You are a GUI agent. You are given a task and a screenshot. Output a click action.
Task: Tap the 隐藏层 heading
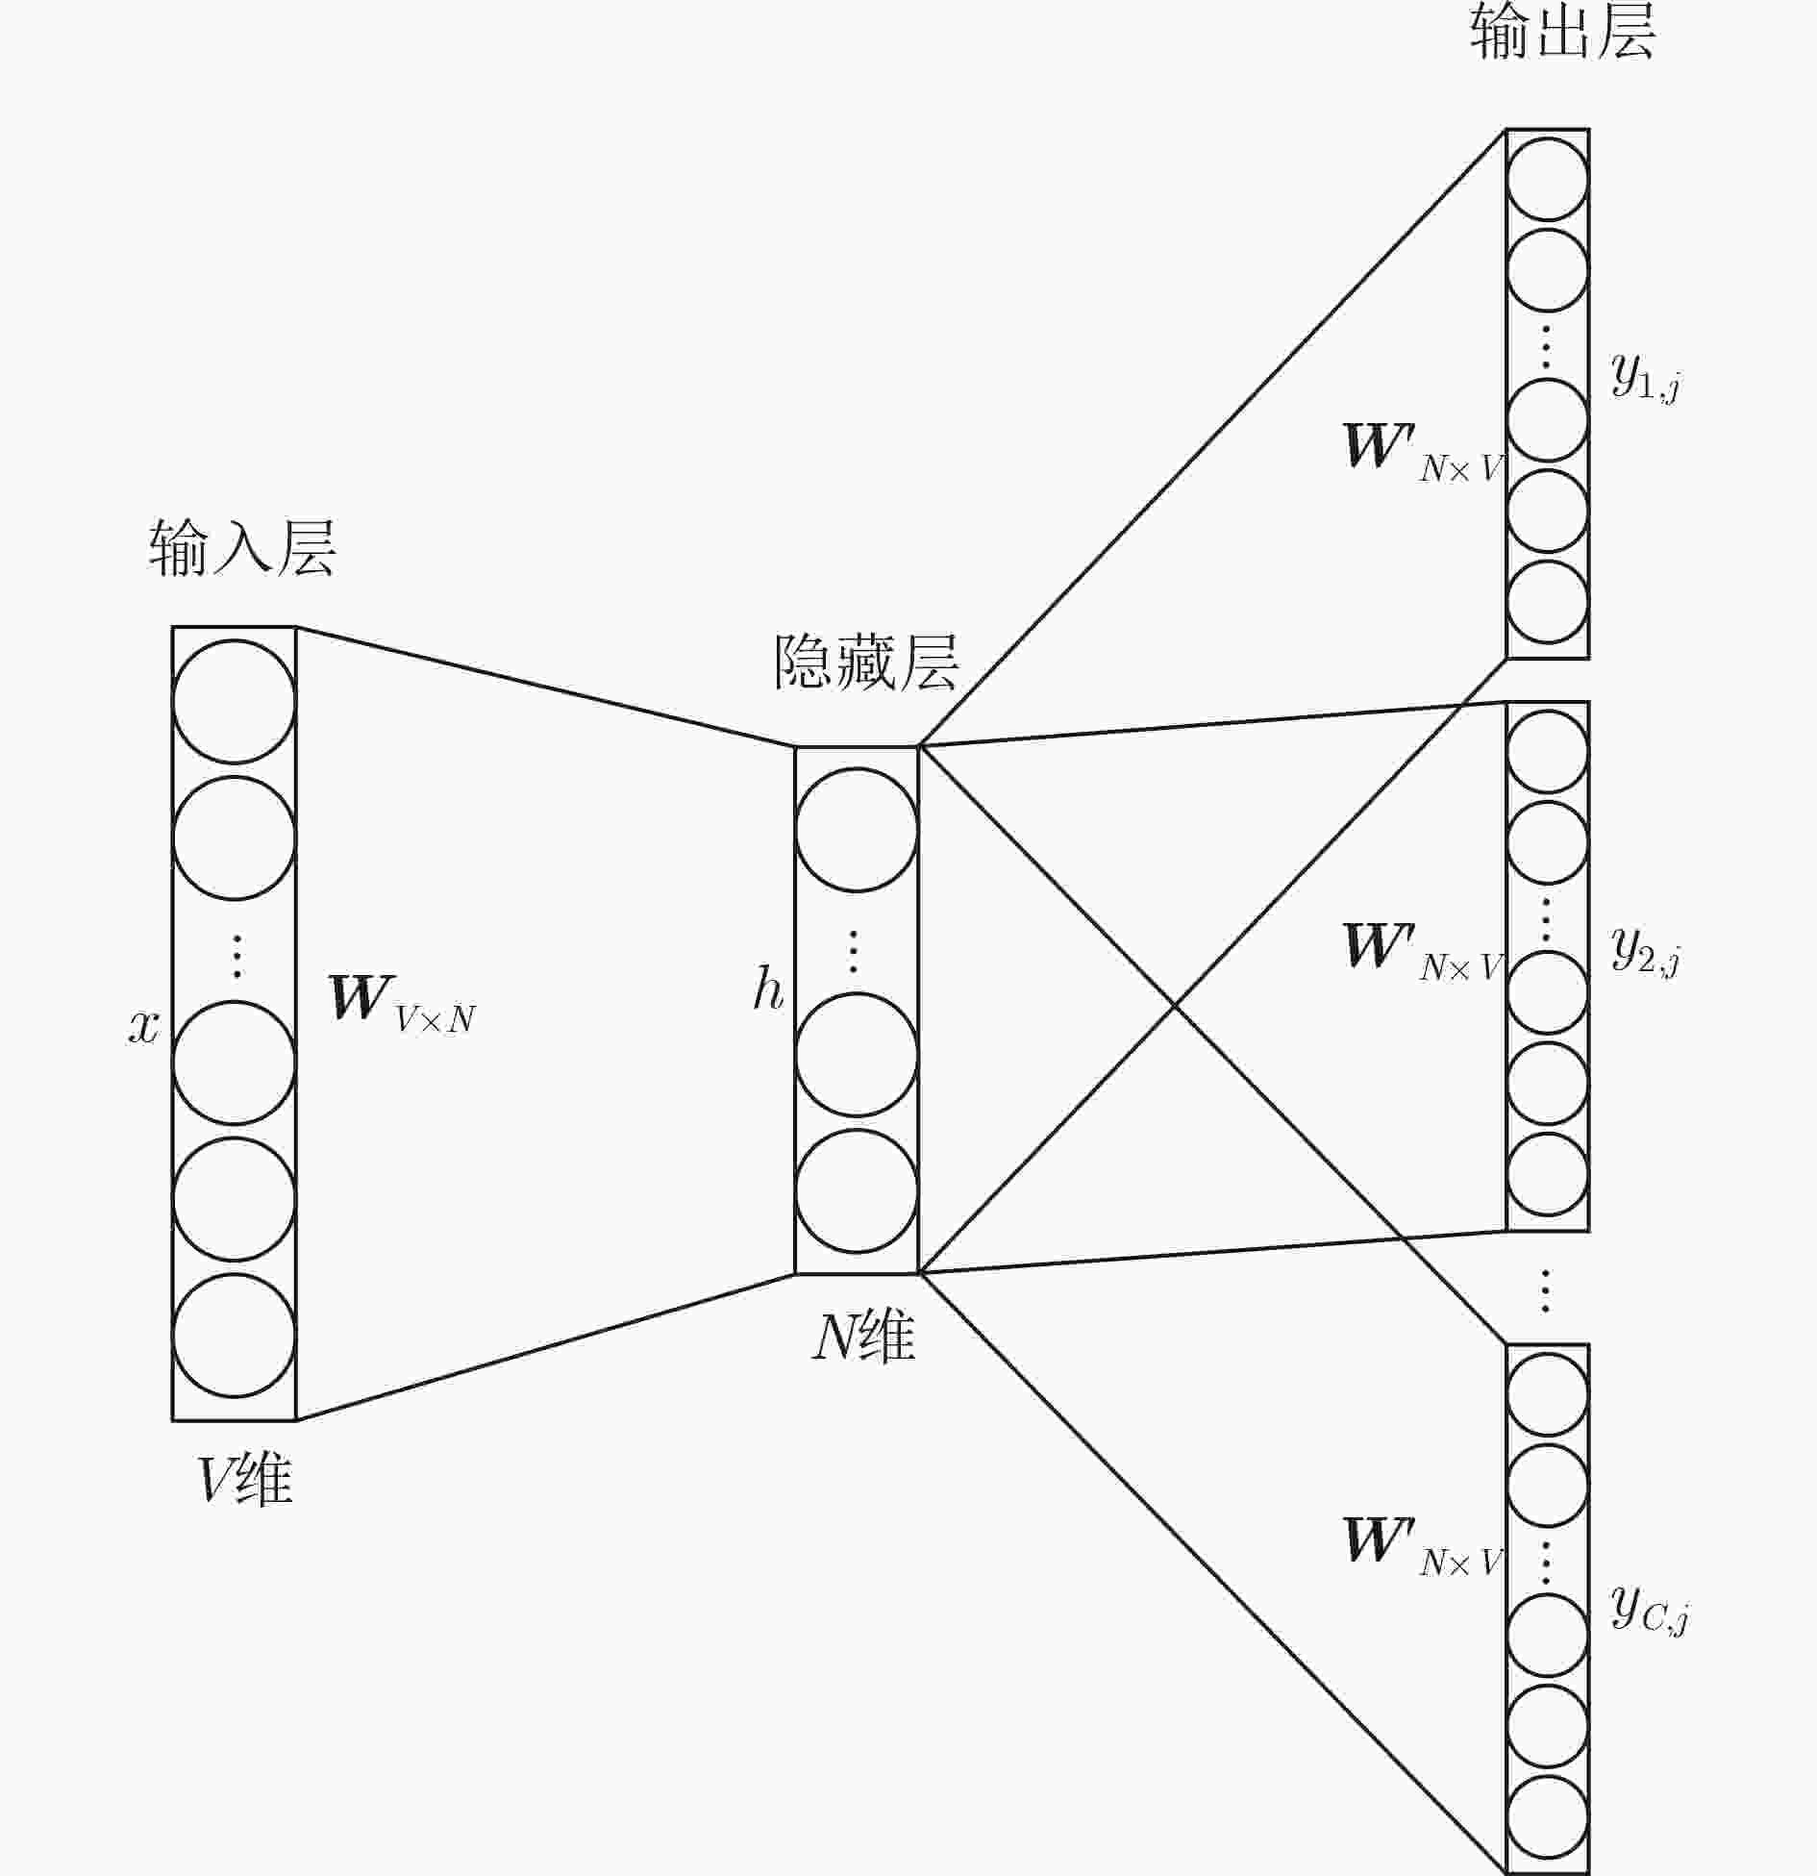point(866,663)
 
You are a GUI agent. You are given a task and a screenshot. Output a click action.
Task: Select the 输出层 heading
point(1562,32)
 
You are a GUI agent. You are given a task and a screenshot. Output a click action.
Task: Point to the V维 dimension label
point(244,1479)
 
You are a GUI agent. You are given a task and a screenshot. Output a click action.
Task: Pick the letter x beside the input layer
point(144,1027)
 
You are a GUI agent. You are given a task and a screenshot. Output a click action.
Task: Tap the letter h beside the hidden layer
point(768,988)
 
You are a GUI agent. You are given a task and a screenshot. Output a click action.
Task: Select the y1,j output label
point(1646,376)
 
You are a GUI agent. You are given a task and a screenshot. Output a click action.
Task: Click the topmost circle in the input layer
point(234,702)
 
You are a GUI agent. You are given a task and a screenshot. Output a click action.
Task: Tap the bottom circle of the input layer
point(234,1336)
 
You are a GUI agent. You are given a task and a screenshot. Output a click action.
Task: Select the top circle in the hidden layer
point(857,830)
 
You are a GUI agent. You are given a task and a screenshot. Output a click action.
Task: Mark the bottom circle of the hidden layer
point(857,1191)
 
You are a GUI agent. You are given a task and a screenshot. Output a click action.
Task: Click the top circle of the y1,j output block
point(1547,180)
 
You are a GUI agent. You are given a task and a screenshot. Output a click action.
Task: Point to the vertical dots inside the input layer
point(236,957)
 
